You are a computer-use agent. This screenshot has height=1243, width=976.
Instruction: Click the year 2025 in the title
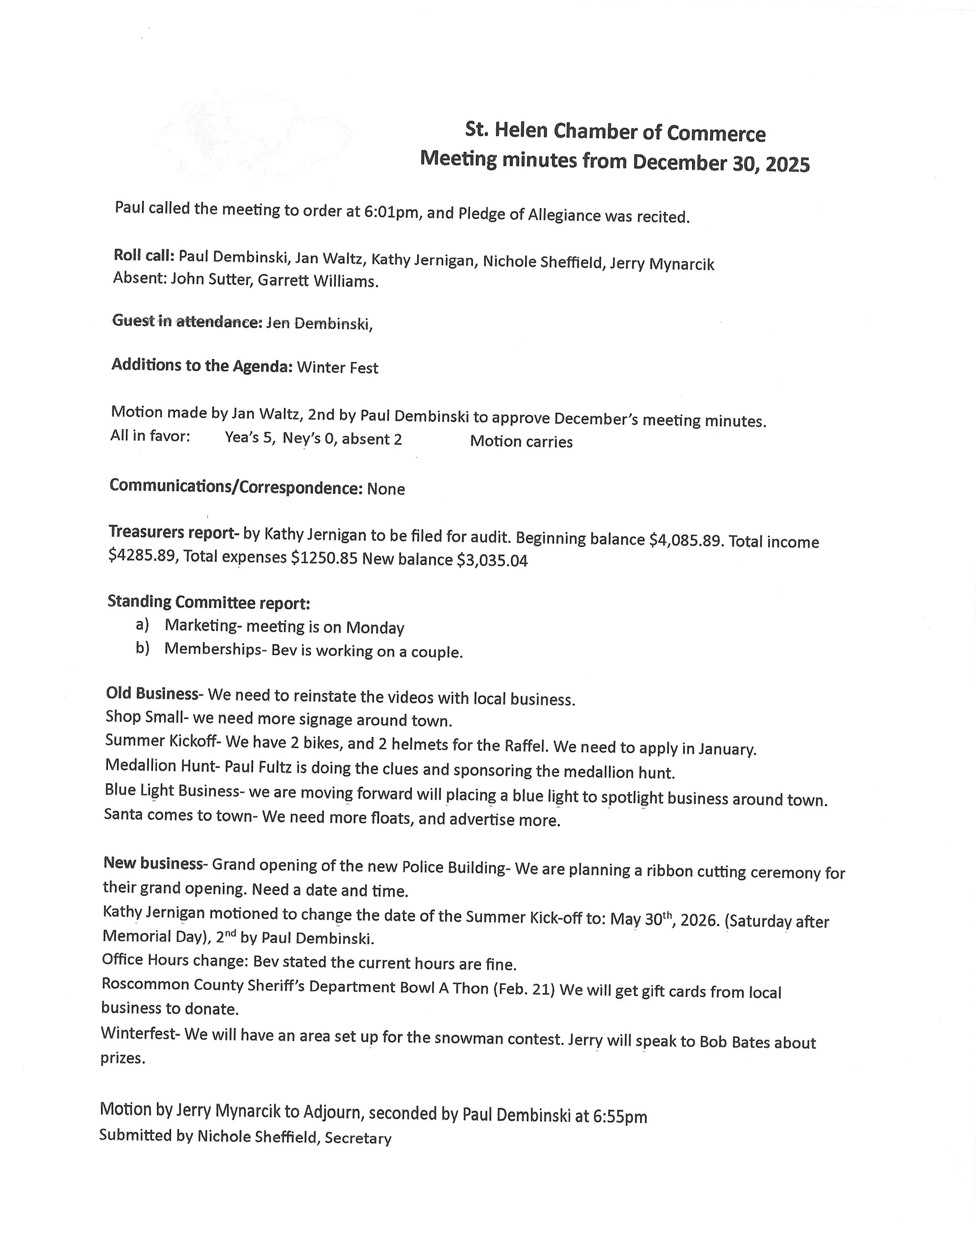[787, 165]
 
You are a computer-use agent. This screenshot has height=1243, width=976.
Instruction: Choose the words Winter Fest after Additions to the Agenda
[337, 368]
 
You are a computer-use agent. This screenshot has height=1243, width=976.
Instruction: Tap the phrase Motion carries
[521, 442]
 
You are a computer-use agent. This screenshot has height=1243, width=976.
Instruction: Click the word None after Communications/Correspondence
[386, 489]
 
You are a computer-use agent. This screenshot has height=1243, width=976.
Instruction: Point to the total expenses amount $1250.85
[324, 558]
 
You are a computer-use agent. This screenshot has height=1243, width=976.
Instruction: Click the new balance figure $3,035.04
[492, 560]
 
